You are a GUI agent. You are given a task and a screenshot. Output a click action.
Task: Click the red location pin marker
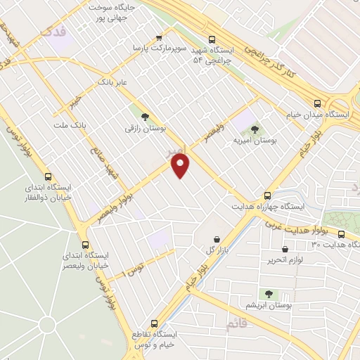click(181, 166)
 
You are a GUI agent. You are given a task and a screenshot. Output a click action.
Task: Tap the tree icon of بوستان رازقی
click(145, 117)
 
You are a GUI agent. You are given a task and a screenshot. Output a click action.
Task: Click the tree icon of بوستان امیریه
click(254, 129)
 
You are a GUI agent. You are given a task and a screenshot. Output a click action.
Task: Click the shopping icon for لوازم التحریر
click(285, 248)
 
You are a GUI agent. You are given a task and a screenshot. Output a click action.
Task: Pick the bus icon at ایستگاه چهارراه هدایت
click(266, 195)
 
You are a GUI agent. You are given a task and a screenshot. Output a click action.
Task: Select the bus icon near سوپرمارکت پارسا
click(158, 37)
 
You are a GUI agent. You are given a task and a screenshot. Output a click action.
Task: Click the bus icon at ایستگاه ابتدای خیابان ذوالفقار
click(48, 176)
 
